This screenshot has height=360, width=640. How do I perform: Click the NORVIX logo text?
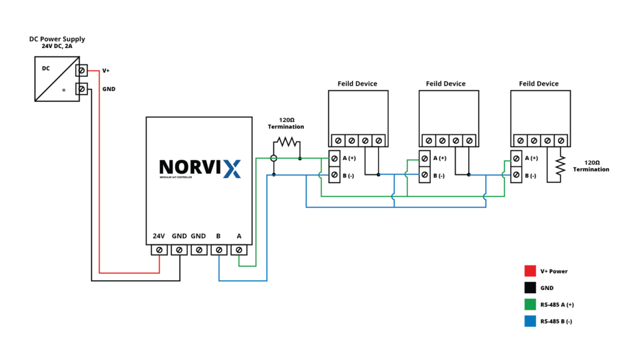point(199,167)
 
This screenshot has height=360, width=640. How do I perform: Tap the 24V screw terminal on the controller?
point(159,250)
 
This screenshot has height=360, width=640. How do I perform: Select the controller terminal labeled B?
point(219,250)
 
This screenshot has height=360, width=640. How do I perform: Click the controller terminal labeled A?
point(239,250)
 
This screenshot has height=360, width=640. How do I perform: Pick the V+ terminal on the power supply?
point(82,71)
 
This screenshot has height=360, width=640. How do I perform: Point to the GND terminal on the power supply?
point(82,89)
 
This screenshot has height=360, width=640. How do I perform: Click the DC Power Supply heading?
point(57,39)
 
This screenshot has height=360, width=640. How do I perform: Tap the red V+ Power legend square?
point(530,271)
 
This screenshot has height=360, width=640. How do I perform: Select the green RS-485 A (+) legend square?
point(530,305)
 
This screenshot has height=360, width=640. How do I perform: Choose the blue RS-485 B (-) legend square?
point(530,322)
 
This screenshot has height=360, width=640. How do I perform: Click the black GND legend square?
point(530,288)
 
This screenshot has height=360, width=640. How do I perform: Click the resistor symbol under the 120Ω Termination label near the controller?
point(286,142)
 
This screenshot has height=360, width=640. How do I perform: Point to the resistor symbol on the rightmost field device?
point(561,165)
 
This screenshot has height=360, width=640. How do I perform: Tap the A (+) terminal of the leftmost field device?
point(335,159)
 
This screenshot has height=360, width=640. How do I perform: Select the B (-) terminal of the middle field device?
point(424,175)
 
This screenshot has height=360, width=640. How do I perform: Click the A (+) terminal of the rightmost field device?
point(516,159)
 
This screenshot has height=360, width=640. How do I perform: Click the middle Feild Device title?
point(446,84)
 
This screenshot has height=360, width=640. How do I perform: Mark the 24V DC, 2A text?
point(57,47)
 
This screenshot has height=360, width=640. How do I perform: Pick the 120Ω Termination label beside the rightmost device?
point(591,165)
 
